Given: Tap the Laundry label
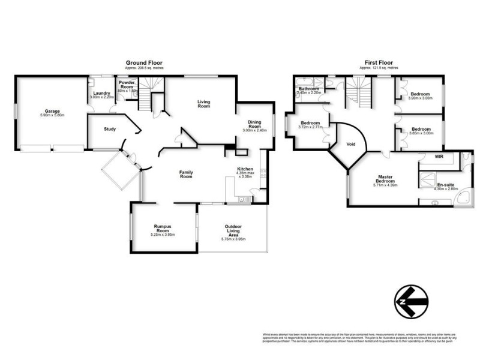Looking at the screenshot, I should coord(101,93).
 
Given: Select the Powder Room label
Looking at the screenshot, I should coord(127,84).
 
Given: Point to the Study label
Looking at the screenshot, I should coord(109,129).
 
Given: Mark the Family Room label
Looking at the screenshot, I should coord(186,175).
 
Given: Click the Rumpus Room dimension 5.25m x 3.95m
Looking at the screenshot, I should coord(163,235).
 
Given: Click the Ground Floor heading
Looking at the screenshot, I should coord(143,62).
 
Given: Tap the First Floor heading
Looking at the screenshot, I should coord(379,62).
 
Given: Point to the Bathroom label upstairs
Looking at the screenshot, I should coord(310,89).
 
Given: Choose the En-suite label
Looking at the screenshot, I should coord(445,185).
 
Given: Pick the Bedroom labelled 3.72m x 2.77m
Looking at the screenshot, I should coord(311,123).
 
